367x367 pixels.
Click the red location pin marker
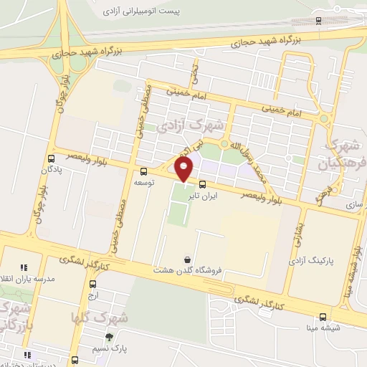(x=184, y=170)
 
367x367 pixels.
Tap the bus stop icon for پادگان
(x=51, y=158)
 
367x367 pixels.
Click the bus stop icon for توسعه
(x=144, y=171)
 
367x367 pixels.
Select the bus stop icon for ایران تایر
(x=202, y=183)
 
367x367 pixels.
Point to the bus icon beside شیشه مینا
(x=323, y=317)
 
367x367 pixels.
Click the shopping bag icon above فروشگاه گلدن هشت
(x=188, y=259)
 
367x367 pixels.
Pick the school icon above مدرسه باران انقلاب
(x=24, y=267)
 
